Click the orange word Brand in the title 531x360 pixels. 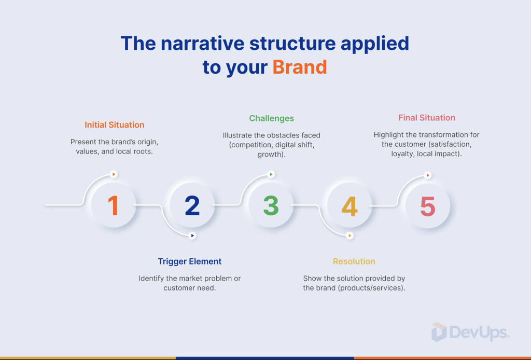pos(300,67)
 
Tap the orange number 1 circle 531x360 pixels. pos(114,205)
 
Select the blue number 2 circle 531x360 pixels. pos(192,205)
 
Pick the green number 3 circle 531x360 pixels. pos(271,205)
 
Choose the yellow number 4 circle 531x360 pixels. pos(350,205)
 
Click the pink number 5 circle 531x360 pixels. pos(428,206)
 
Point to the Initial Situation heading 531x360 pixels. pos(115,125)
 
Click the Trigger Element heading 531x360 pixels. pos(190,261)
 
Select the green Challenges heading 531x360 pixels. pos(272,119)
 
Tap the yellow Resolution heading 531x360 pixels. pos(354,261)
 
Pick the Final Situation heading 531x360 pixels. pos(427,118)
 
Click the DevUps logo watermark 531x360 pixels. pos(470,332)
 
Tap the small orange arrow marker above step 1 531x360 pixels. pos(114,174)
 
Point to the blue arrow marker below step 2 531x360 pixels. pos(192,236)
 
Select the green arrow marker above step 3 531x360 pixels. pos(271,174)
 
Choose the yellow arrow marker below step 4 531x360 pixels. pos(350,236)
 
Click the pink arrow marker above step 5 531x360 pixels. pos(428,175)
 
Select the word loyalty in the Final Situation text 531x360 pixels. pos(402,154)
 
